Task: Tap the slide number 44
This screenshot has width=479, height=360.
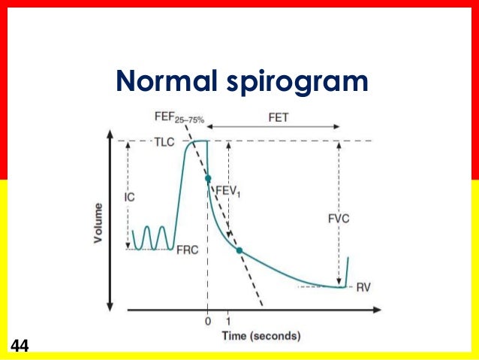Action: coord(20,346)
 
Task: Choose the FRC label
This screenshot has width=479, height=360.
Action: coord(186,250)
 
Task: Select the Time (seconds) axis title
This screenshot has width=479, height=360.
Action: coord(261,335)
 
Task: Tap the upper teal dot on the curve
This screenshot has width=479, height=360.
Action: coord(208,178)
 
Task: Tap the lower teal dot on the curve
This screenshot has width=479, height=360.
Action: coord(239,250)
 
